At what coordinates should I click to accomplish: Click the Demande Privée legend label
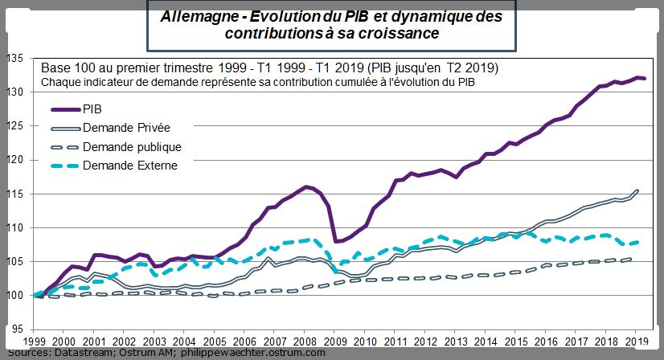click(126, 128)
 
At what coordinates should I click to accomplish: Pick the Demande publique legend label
click(132, 147)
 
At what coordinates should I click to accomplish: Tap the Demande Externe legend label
click(129, 166)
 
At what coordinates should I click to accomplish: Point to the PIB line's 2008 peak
click(305, 186)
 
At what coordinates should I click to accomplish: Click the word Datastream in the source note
click(83, 352)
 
